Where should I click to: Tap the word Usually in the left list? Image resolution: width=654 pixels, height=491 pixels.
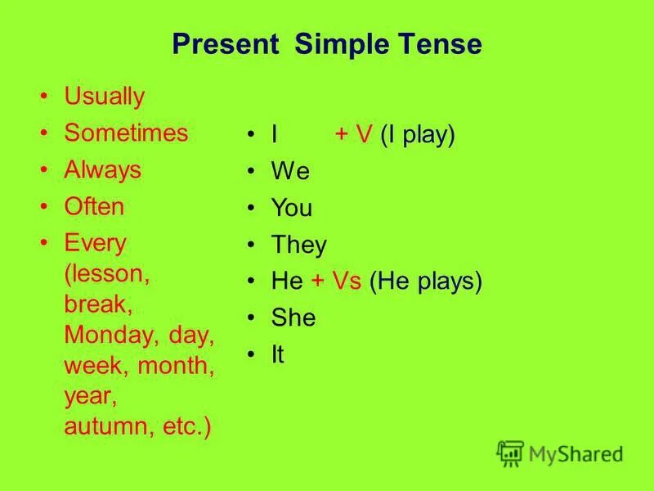pos(104,97)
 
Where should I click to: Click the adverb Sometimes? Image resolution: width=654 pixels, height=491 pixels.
pos(126,133)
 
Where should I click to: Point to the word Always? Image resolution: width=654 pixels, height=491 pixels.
pos(102,170)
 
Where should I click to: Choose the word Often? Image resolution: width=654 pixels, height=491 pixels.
pos(94,207)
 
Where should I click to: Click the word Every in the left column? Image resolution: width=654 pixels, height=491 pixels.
pos(95,244)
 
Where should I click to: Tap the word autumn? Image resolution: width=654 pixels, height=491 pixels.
pos(105,427)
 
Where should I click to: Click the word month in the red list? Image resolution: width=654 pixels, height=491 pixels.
pos(176,366)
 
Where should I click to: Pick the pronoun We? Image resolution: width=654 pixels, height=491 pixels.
pos(290,172)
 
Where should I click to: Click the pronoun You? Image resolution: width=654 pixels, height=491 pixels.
pos(292,209)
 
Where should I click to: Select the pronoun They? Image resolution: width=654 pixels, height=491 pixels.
pos(298,245)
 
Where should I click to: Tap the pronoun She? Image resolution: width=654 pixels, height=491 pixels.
pos(293,318)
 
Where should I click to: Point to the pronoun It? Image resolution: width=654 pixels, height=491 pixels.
pos(278,355)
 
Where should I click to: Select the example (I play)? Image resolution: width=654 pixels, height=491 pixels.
pos(417,135)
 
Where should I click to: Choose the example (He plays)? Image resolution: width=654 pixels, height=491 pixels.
pos(426,282)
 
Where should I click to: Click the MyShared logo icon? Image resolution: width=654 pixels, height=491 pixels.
pos(510,453)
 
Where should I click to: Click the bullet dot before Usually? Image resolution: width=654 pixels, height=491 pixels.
pos(45,97)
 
